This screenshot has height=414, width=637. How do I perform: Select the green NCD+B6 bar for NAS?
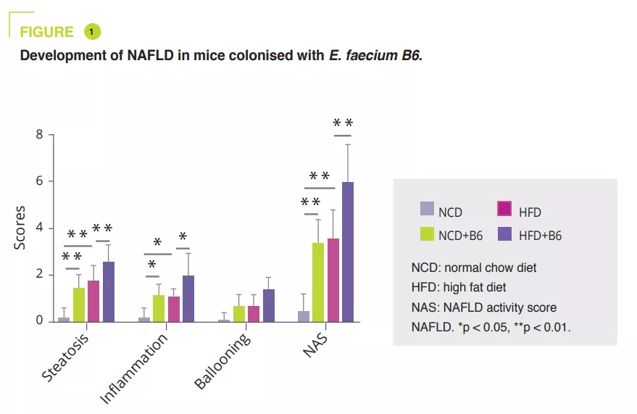point(318,282)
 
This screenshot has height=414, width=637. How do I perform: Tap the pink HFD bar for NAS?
point(333,280)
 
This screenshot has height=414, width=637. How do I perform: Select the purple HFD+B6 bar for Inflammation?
point(188,298)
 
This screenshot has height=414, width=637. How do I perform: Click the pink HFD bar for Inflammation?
point(174,309)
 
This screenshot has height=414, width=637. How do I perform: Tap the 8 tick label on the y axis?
point(40,135)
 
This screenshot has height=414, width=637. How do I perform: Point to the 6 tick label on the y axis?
point(40,181)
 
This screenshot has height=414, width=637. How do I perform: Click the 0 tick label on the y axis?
point(40,321)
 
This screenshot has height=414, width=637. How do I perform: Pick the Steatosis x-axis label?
point(65,359)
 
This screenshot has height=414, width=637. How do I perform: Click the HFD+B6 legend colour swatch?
point(505,233)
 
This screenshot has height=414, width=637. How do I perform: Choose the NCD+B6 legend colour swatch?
point(428,233)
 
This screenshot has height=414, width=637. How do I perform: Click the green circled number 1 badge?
point(93,31)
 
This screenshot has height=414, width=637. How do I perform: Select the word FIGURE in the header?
point(46,32)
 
